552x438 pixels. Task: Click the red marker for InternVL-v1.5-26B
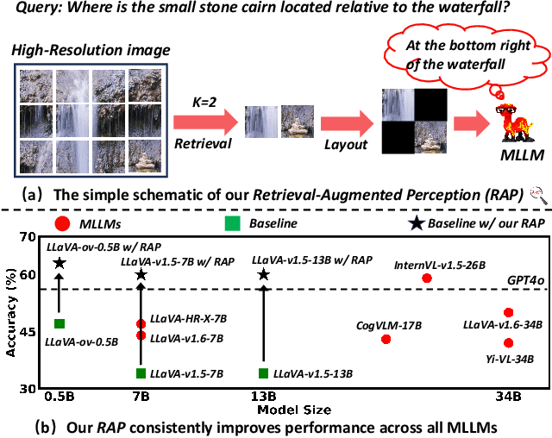tap(426, 278)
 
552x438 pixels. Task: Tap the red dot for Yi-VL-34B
tap(509, 342)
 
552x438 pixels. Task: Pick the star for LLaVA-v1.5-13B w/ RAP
tap(264, 275)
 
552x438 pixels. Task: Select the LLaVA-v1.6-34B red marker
tap(509, 312)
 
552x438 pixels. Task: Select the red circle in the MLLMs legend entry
tap(61, 224)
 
